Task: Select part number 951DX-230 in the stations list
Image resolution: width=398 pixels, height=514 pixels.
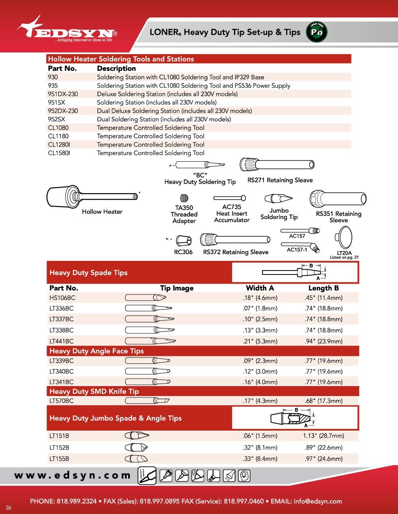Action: (x=63, y=94)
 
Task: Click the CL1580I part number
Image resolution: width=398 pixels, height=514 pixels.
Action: (x=59, y=153)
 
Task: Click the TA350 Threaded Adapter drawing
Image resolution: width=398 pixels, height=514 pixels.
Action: (x=184, y=198)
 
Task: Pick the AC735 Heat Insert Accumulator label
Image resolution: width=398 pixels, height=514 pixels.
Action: (x=232, y=213)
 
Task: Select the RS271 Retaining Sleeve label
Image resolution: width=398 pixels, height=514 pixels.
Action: (x=280, y=180)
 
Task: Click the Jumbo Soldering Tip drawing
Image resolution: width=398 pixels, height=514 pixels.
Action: (x=278, y=199)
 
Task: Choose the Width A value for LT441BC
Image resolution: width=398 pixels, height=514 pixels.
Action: (x=260, y=341)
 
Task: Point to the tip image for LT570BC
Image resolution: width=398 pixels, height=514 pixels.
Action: (x=147, y=401)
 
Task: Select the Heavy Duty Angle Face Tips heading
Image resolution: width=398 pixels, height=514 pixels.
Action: (x=97, y=351)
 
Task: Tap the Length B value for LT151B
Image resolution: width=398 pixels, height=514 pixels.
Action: (x=323, y=436)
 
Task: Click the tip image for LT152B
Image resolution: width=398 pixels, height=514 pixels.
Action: (x=136, y=447)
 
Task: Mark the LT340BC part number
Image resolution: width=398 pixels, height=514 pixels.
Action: (x=61, y=372)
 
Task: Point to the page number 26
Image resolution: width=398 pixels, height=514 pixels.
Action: (x=9, y=508)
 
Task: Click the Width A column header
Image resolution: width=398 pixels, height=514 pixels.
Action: (x=260, y=288)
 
